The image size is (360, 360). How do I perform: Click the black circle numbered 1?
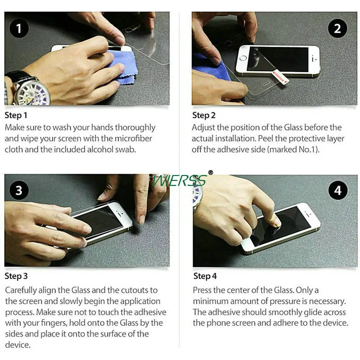(19, 28)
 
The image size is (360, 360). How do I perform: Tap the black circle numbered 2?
(337, 28)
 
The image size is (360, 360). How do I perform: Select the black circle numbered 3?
(19, 190)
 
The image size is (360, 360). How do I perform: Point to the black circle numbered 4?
(337, 190)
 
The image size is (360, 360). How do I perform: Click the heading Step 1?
(16, 115)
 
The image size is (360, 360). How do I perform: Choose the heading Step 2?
(204, 115)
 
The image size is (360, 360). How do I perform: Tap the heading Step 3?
(16, 276)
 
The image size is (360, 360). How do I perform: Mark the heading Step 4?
(205, 276)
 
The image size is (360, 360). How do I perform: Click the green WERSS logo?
(179, 180)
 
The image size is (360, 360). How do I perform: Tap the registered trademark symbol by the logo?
(211, 172)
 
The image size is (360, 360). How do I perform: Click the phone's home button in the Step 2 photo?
(243, 58)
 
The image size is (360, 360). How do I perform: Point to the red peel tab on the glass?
(280, 77)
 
